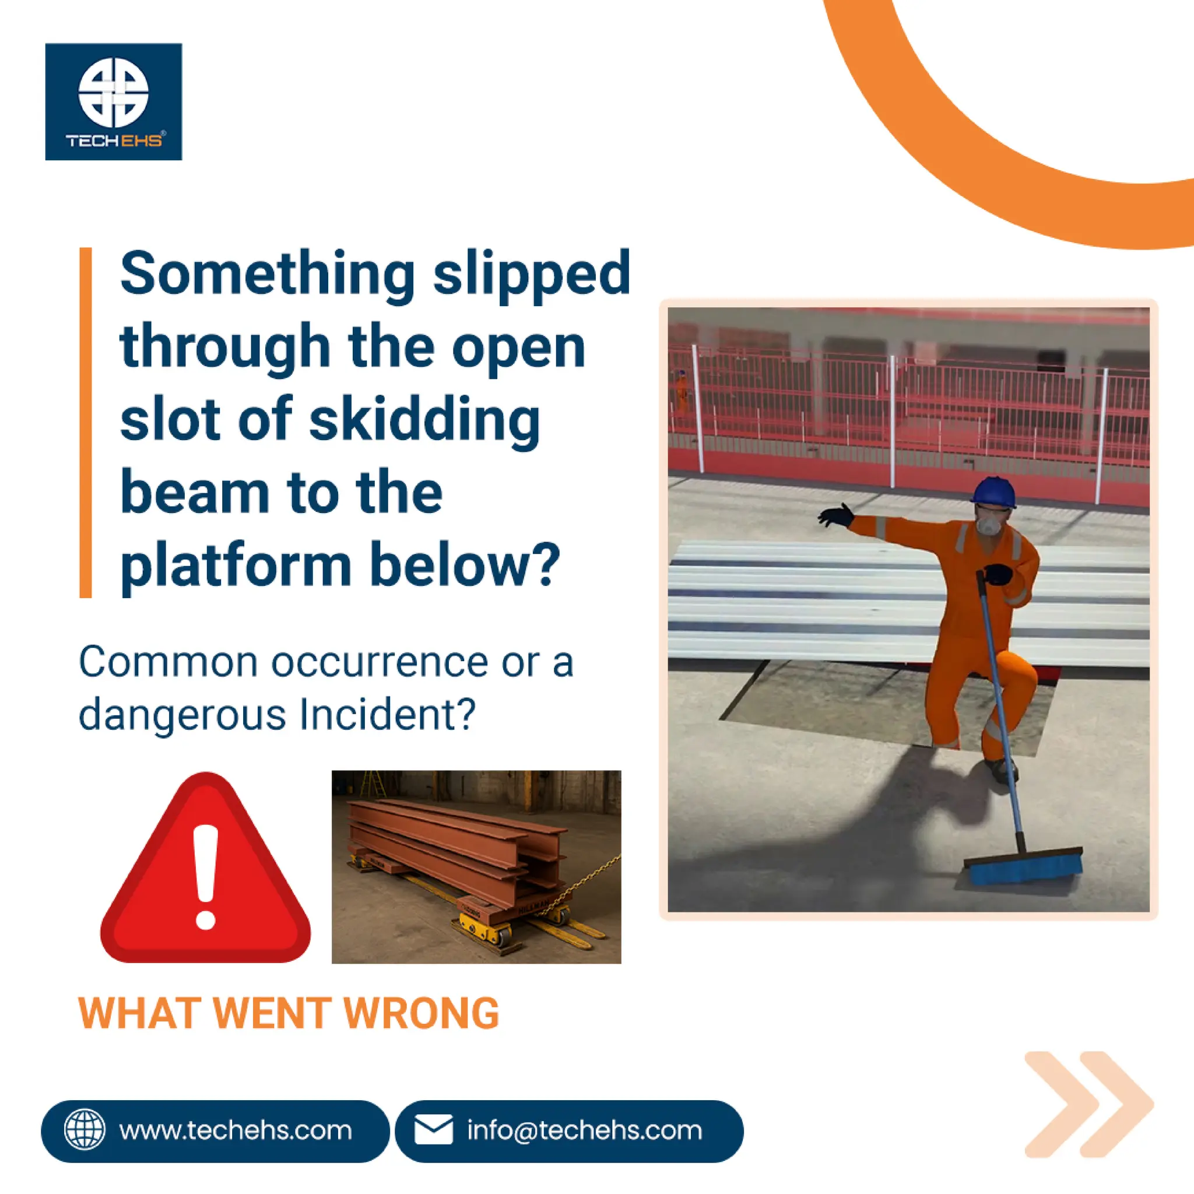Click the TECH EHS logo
point(114,101)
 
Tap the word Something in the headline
point(268,274)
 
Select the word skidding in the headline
point(424,420)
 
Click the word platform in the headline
point(236,566)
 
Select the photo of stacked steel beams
point(476,866)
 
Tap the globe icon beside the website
point(85,1130)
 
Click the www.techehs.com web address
point(236,1130)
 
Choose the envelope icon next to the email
point(433,1130)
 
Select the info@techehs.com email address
point(585,1130)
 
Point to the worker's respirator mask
point(990,525)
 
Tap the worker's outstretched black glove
point(835,515)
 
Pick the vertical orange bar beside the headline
point(85,423)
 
